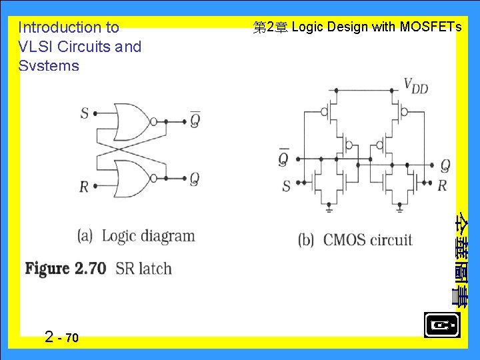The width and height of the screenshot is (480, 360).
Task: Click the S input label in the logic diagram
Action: tap(85, 113)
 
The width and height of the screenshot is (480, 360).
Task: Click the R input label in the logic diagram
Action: tap(84, 186)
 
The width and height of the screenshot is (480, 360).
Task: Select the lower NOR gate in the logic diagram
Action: tap(133, 179)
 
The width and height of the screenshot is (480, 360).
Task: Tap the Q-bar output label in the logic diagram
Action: tap(195, 119)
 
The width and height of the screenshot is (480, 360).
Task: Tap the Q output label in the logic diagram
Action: tap(194, 179)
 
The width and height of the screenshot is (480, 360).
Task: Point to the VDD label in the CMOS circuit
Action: tap(415, 85)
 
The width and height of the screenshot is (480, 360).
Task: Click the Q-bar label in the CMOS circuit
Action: tap(284, 159)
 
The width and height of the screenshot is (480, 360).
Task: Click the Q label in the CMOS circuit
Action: tap(445, 165)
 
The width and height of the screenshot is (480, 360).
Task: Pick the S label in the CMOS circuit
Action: tap(286, 186)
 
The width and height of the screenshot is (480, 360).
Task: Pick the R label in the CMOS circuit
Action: tap(441, 186)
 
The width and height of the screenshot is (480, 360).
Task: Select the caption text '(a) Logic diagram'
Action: tap(136, 236)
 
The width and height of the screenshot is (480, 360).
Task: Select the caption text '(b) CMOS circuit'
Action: tap(355, 240)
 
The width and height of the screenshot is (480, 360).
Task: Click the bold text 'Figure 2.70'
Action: tap(65, 269)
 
